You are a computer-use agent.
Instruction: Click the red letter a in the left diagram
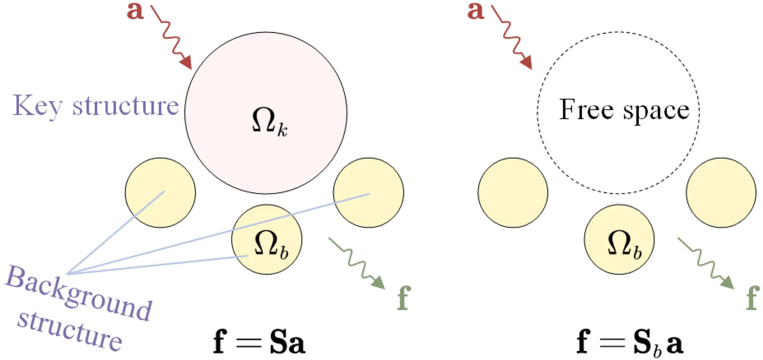(135, 10)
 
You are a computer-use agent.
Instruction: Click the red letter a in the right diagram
(475, 10)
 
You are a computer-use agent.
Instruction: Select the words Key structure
(95, 106)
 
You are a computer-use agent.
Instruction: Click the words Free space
(624, 110)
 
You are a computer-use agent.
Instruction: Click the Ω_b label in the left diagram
(270, 244)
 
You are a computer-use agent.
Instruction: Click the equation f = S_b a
(629, 342)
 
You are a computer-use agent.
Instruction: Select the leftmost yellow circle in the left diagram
(160, 193)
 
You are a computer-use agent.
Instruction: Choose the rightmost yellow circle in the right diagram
(721, 193)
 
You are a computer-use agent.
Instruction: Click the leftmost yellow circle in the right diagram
(513, 193)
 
